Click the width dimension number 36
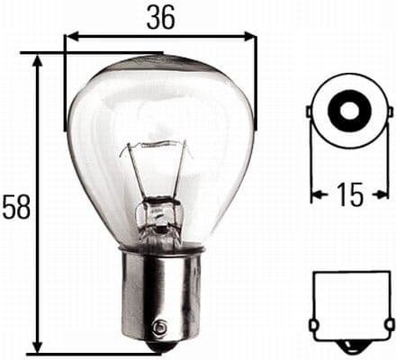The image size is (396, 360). pyautogui.click(x=162, y=16)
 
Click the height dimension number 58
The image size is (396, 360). pyautogui.click(x=16, y=207)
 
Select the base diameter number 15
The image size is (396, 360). pyautogui.click(x=352, y=194)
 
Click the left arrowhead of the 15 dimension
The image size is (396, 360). pyautogui.click(x=316, y=194)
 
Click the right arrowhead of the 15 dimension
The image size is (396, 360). pyautogui.click(x=388, y=194)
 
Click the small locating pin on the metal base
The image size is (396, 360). pyautogui.click(x=160, y=328)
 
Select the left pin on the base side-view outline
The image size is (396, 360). pyautogui.click(x=311, y=324)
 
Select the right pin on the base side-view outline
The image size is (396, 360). pyautogui.click(x=391, y=324)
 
